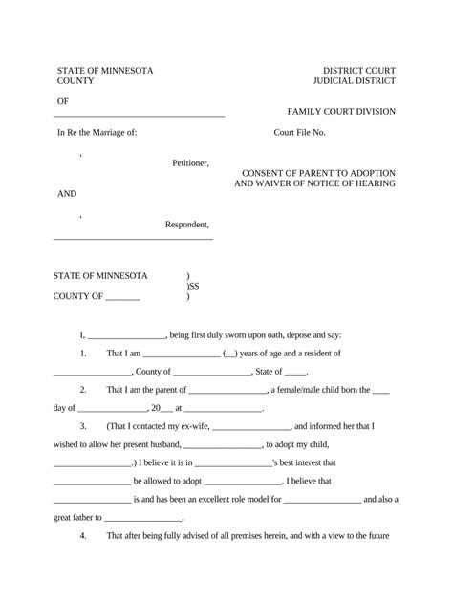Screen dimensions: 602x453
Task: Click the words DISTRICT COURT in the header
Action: (x=358, y=72)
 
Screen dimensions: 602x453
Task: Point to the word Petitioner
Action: (x=190, y=163)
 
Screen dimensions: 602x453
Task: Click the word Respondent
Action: (x=187, y=225)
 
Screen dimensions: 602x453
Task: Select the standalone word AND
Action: (x=67, y=194)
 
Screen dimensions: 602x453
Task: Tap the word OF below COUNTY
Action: (x=64, y=101)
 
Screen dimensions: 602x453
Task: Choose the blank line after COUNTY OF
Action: (x=122, y=297)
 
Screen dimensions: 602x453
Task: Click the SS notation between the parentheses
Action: (x=194, y=286)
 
